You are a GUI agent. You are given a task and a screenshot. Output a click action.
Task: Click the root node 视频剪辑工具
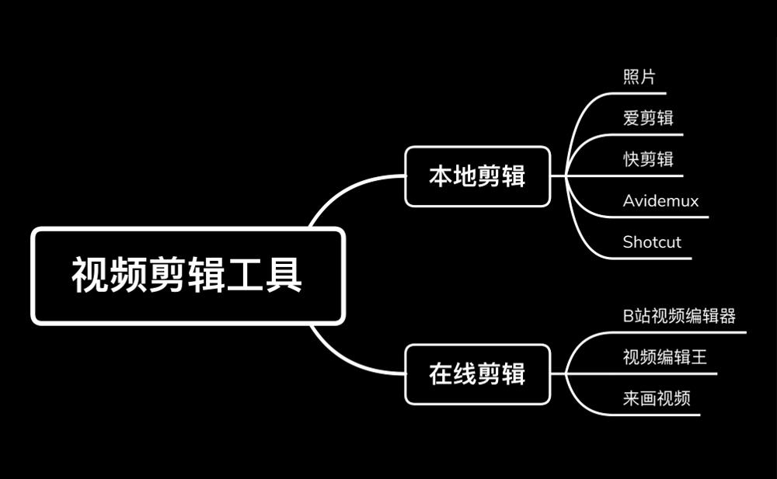[187, 276]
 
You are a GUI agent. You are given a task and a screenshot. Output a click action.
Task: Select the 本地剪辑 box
[477, 176]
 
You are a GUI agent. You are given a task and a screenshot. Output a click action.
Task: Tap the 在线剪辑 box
[477, 374]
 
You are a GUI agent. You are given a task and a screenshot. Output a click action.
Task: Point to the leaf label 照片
[639, 78]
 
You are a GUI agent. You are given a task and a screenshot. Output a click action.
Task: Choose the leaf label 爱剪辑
[648, 118]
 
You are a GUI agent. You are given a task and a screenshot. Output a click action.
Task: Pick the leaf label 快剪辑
[648, 159]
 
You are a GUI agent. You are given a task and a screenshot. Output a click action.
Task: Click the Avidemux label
[660, 201]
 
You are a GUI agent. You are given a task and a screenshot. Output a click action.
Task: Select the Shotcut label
[652, 242]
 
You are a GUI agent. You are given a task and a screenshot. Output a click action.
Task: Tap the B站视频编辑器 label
[679, 316]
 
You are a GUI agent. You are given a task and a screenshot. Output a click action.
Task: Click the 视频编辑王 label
[665, 357]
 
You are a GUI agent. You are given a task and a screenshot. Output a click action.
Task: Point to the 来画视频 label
[657, 398]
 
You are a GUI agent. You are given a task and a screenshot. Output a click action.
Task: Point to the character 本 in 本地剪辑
[441, 176]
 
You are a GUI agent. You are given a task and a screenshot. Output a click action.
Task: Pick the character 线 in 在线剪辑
[465, 374]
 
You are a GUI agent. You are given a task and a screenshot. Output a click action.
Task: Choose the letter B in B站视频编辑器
[628, 316]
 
